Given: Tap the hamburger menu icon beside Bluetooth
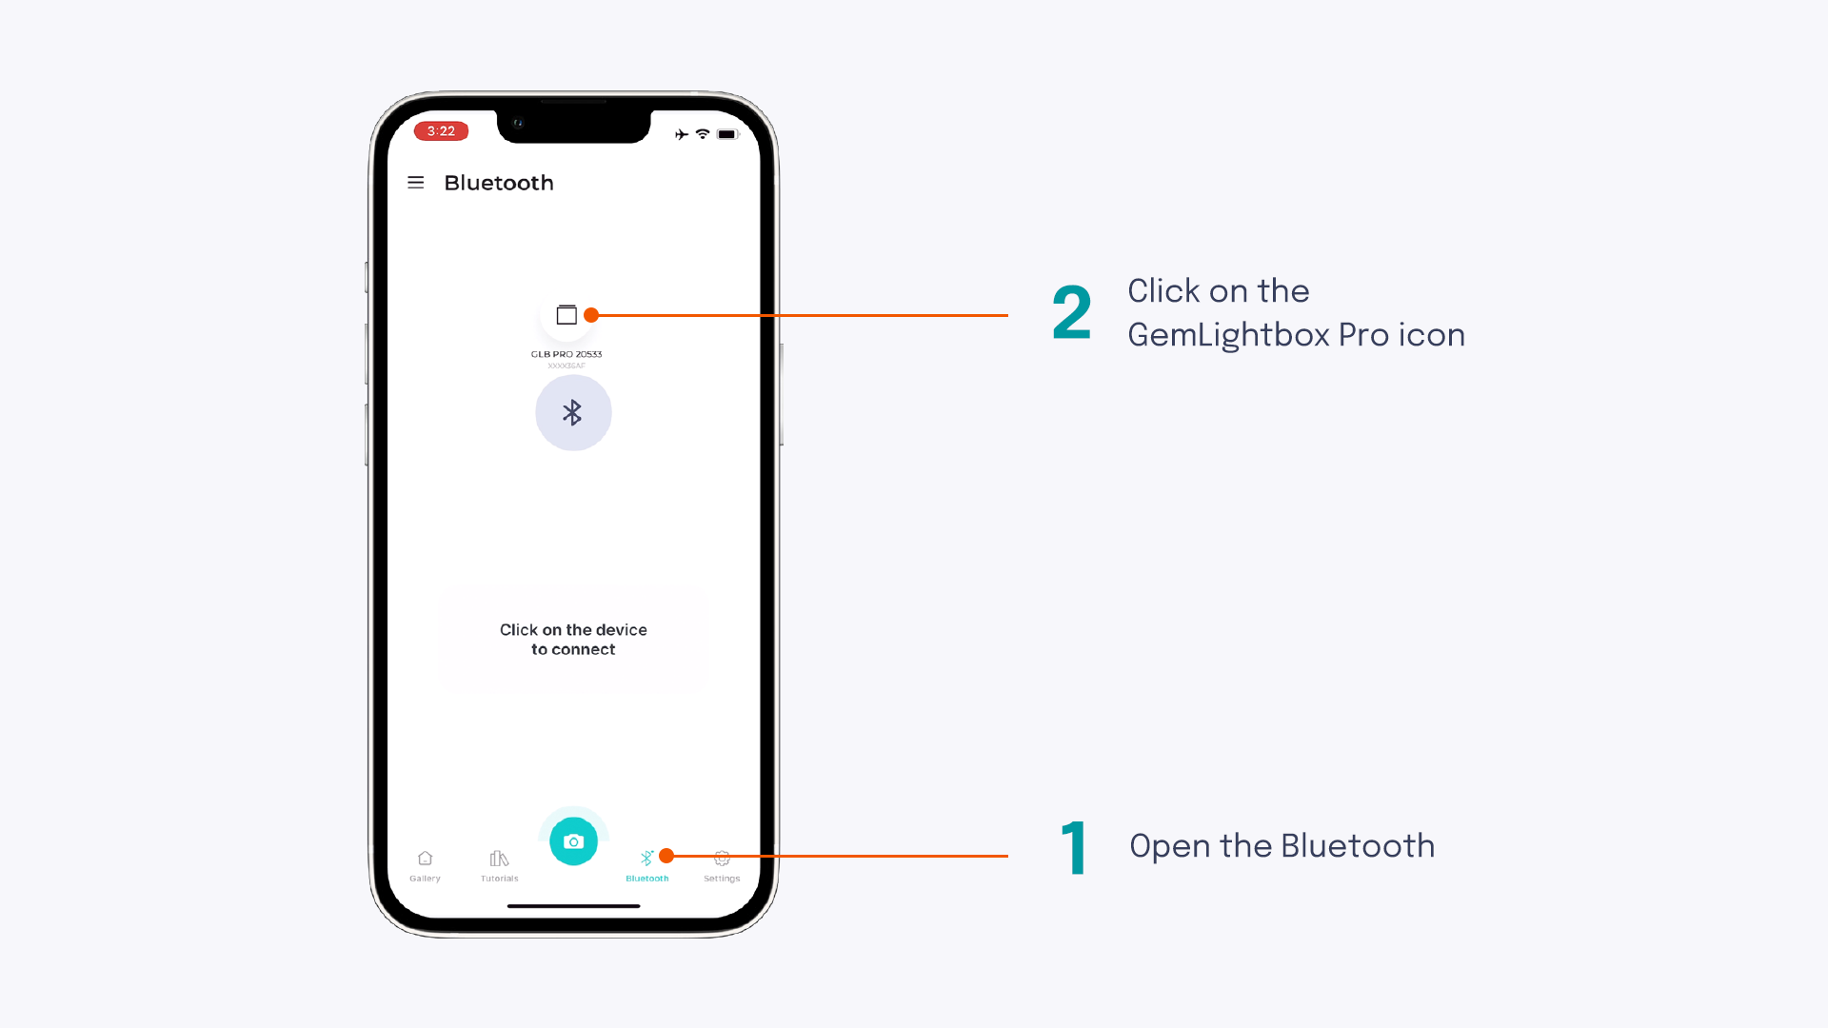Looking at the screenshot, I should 415,182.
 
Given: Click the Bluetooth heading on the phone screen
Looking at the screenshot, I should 498,183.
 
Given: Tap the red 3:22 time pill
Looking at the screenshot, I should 441,131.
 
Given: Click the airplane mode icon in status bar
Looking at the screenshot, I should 682,134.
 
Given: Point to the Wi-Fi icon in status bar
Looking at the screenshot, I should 703,134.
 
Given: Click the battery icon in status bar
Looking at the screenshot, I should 727,134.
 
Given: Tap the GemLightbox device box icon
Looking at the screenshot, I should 566,315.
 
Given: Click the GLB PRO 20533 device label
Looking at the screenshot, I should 566,354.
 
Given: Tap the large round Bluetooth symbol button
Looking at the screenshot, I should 573,412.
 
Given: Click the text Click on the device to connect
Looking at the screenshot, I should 573,640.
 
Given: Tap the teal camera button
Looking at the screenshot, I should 573,841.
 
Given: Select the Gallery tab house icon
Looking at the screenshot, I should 425,859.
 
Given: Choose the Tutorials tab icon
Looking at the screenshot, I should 499,859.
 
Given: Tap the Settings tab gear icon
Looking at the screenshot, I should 722,859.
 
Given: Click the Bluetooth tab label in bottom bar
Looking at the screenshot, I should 646,879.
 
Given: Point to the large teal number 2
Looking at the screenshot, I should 1072,313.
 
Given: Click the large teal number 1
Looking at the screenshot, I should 1075,848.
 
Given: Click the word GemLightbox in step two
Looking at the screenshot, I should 1227,335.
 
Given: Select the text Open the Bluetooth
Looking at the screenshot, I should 1282,846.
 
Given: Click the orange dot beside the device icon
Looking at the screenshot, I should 591,315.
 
